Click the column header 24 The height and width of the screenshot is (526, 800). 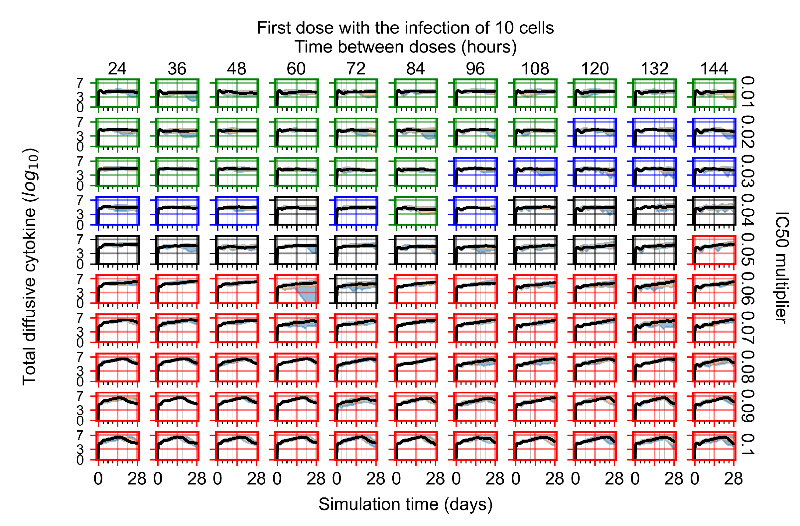pyautogui.click(x=117, y=69)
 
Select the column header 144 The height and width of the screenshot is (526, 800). pyautogui.click(x=714, y=69)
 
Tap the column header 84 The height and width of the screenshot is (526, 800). pyautogui.click(x=416, y=69)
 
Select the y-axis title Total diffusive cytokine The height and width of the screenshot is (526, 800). pyautogui.click(x=30, y=267)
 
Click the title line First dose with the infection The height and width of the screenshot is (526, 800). pyautogui.click(x=405, y=28)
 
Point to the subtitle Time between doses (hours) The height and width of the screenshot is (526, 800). pyautogui.click(x=405, y=47)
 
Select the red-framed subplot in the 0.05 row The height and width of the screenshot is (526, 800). pyautogui.click(x=714, y=250)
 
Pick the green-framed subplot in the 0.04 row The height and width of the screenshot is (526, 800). pyautogui.click(x=416, y=211)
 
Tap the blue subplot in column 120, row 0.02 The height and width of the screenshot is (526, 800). pyautogui.click(x=595, y=132)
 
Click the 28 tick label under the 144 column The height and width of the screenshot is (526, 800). pyautogui.click(x=733, y=478)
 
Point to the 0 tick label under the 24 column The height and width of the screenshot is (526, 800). pyautogui.click(x=98, y=478)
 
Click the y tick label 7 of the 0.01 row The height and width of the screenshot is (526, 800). pyautogui.click(x=80, y=83)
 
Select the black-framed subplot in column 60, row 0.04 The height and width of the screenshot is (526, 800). pyautogui.click(x=297, y=211)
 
